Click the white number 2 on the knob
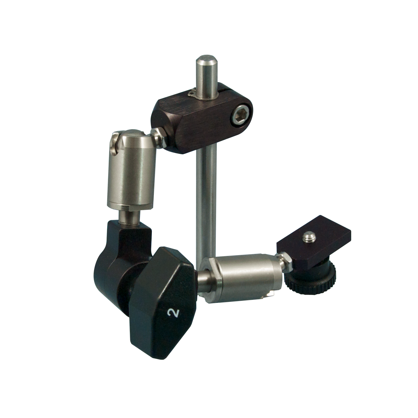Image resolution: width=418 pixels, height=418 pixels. pyautogui.click(x=173, y=313)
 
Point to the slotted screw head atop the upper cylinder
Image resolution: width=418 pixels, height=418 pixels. pyautogui.click(x=114, y=144)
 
